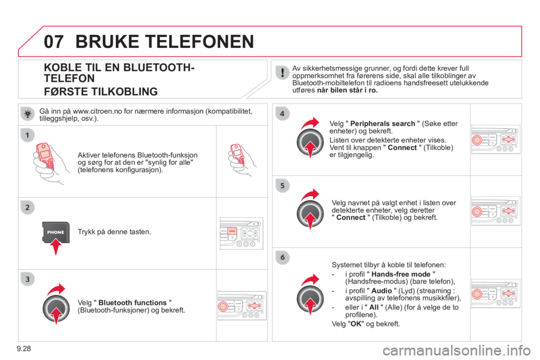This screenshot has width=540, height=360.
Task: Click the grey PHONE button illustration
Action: tap(56, 232)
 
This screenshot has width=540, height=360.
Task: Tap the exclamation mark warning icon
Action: tap(282, 71)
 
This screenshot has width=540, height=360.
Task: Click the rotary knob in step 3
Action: tap(56, 307)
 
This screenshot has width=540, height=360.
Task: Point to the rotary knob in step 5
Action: tap(310, 214)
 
